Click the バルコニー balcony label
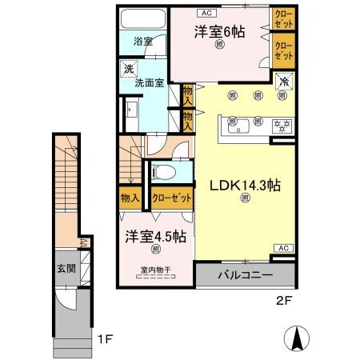(245, 274)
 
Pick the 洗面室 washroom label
(147, 81)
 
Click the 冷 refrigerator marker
(283, 79)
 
